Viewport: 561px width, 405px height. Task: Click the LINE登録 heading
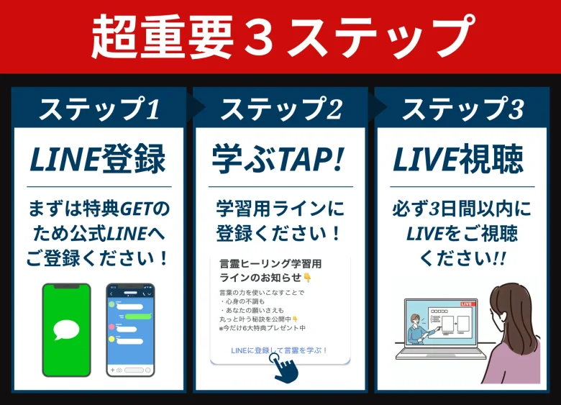[x=98, y=160]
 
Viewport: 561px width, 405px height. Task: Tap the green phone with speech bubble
[x=66, y=329]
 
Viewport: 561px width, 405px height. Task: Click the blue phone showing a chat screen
[x=130, y=329]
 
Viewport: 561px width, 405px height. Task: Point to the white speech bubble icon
[x=66, y=330]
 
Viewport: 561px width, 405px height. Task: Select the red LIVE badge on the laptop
[x=467, y=304]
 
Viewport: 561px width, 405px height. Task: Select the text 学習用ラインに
[x=280, y=209]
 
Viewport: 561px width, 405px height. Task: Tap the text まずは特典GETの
[x=98, y=209]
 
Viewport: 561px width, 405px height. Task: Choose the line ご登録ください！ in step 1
[x=98, y=258]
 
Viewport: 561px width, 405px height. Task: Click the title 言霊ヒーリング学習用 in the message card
[x=270, y=263]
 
